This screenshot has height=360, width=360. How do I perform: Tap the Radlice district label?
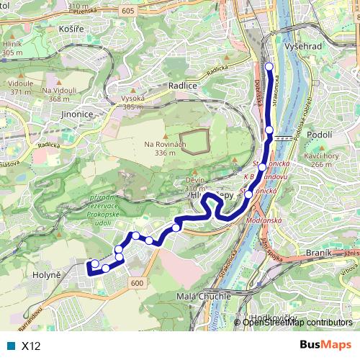tap(182, 85)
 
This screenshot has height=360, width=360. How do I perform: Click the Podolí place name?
tap(319, 134)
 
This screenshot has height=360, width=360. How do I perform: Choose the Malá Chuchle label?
tap(204, 296)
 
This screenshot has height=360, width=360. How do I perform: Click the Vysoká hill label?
tap(133, 98)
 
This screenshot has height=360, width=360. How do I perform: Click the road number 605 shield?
tap(127, 11)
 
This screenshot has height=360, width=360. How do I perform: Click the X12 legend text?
tap(31, 346)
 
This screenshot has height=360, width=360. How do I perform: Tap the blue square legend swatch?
tap(11, 346)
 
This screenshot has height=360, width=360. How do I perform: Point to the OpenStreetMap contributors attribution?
tap(297, 323)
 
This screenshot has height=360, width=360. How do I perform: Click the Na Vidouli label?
tap(59, 90)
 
